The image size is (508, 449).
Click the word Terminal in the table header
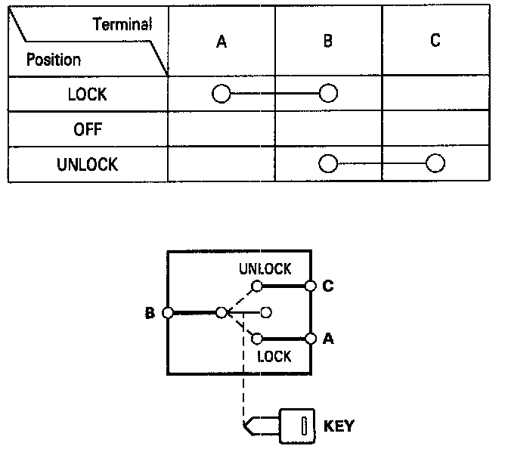point(122,24)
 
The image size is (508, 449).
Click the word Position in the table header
point(54,59)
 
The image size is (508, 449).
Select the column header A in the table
point(221,42)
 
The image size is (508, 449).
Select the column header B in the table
point(327,42)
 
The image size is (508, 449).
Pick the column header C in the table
point(435,42)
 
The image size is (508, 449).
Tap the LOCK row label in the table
point(87,94)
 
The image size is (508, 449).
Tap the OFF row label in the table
point(87,129)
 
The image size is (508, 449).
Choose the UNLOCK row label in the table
point(87,164)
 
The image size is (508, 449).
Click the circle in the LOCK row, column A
point(221,94)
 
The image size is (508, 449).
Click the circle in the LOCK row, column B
point(328,94)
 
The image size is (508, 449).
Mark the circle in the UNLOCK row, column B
point(327,163)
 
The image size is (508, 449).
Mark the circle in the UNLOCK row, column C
point(435,163)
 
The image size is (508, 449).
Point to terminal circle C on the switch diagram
point(309,286)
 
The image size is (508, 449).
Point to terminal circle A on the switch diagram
point(309,339)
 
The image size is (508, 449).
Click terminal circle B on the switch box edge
point(168,312)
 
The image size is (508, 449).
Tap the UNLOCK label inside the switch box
point(265,270)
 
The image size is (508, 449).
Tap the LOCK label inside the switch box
point(274,357)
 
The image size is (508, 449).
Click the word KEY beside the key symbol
point(339,426)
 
